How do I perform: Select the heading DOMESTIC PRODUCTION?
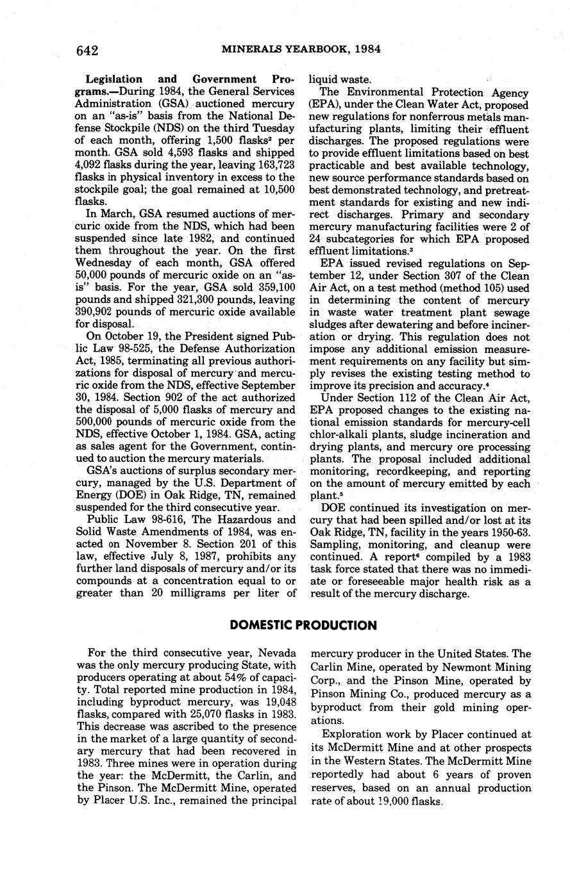click(x=303, y=625)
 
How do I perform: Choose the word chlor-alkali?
click(x=344, y=435)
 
